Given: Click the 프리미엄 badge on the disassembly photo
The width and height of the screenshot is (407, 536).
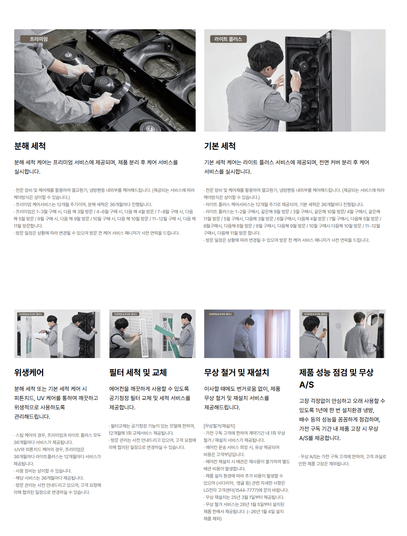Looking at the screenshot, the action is click(x=38, y=39).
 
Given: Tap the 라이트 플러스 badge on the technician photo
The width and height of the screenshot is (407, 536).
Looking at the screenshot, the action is click(x=228, y=39).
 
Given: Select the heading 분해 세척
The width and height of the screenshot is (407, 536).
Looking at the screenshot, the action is click(x=30, y=146).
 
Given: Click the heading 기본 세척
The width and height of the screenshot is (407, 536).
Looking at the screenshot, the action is click(x=220, y=146).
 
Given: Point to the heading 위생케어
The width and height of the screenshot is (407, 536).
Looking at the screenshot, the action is click(x=29, y=372).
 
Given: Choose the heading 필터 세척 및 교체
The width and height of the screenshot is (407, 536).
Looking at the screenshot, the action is click(x=138, y=372).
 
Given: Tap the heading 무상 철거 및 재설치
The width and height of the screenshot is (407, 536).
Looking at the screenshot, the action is click(x=236, y=372).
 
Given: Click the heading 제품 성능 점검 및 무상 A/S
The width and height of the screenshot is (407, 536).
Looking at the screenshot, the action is click(x=336, y=378).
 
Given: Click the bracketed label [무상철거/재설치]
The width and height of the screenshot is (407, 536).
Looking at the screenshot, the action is click(x=220, y=426).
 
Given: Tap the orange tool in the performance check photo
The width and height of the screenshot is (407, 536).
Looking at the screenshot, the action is click(x=324, y=333).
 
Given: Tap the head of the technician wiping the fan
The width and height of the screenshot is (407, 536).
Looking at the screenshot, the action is click(x=261, y=56).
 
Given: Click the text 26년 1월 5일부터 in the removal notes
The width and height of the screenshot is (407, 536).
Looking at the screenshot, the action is click(x=257, y=504).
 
